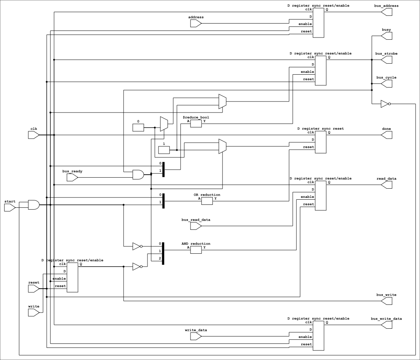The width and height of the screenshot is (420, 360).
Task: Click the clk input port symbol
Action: [34, 135]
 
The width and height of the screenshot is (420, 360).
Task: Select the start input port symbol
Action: [10, 208]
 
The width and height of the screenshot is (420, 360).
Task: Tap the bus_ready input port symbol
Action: [72, 177]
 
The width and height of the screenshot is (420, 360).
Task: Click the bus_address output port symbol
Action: [387, 12]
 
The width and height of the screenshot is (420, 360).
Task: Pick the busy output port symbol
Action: [387, 36]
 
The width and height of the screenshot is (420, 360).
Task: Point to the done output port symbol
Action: [387, 135]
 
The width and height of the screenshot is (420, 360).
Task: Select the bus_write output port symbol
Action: [387, 301]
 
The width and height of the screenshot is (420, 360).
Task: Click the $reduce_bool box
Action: [196, 124]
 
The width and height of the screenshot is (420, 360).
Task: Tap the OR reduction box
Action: [207, 201]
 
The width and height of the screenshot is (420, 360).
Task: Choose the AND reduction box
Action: [196, 250]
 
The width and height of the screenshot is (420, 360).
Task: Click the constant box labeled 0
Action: [138, 128]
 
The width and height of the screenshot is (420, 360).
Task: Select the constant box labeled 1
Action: [164, 150]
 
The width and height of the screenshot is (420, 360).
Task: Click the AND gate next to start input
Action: [34, 205]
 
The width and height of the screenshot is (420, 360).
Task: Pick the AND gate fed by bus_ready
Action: [138, 175]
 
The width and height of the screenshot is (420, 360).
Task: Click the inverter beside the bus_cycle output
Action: [386, 104]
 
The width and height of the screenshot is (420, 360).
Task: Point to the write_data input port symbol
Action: [196, 336]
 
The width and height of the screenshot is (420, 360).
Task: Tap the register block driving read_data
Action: [321, 196]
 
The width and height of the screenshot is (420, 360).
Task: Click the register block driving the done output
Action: [321, 142]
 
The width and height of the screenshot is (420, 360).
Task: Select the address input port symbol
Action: [196, 24]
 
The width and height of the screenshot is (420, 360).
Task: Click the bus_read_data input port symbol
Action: [196, 226]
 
